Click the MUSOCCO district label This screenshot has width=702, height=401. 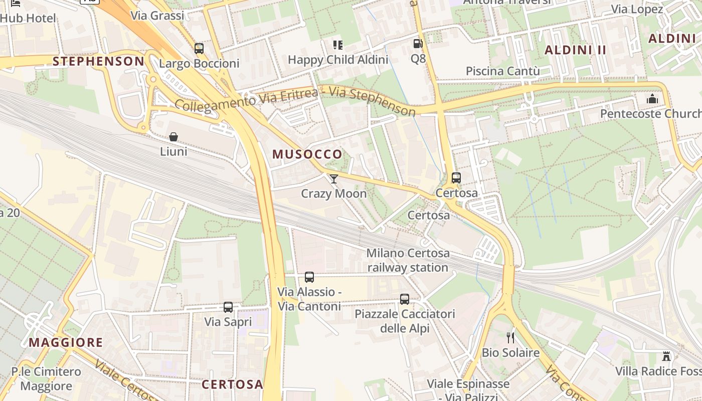307,154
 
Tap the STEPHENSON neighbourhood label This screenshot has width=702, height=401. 98,61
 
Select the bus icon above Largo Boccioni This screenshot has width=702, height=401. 199,49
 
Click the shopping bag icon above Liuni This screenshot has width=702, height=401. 173,137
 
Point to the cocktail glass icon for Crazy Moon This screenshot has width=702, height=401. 333,179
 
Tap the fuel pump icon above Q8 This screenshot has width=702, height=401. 418,44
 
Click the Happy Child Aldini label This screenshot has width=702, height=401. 338,60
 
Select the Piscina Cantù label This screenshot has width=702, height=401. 503,71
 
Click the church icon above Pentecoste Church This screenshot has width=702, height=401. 652,99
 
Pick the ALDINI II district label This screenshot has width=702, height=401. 576,50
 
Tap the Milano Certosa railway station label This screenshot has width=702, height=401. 408,260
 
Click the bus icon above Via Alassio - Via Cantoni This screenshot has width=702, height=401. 309,277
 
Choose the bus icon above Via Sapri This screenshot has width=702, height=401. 228,307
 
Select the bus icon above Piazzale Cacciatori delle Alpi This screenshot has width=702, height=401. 405,299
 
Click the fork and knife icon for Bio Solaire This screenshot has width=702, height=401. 510,338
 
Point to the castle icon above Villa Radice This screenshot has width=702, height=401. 666,356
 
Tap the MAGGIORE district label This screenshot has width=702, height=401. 66,342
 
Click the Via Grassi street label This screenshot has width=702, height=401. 157,16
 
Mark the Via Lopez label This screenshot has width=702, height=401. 637,9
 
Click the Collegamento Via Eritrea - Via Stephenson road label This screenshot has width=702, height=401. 295,101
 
